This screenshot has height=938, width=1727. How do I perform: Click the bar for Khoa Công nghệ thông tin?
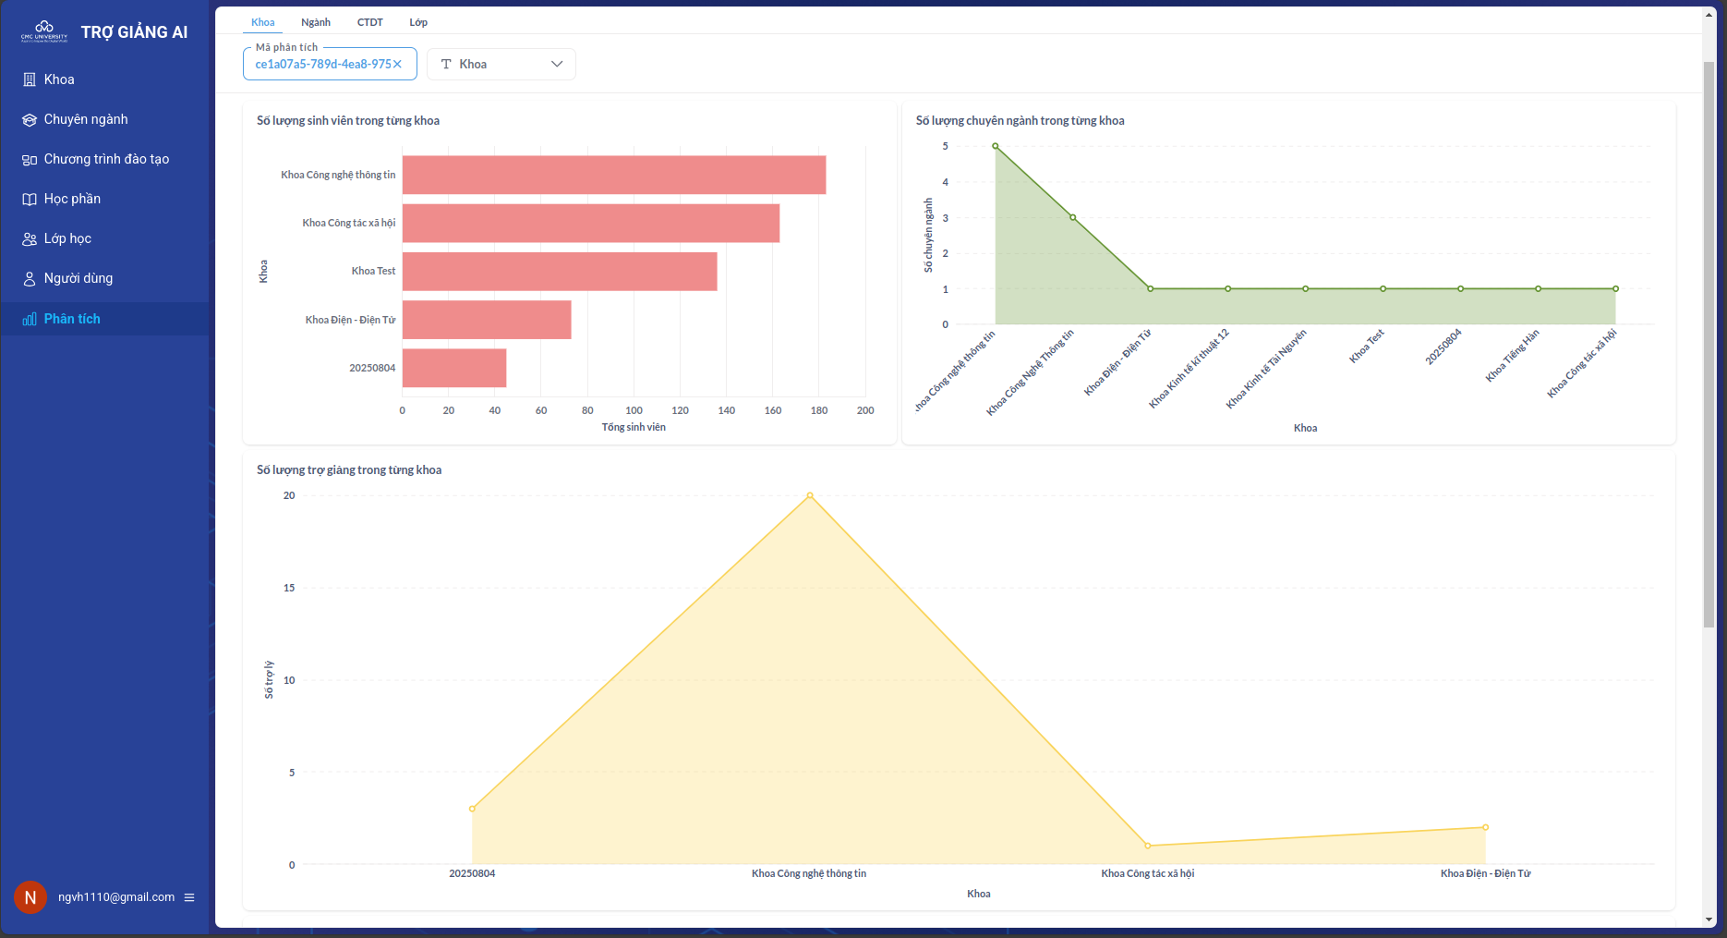pos(614,175)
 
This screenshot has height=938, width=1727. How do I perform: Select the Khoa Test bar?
pos(560,272)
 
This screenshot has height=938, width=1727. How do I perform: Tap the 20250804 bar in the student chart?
pos(454,368)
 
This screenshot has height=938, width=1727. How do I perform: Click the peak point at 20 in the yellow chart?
pos(810,496)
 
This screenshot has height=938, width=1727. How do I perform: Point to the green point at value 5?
pos(996,146)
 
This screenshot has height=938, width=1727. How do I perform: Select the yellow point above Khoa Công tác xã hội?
pos(1148,846)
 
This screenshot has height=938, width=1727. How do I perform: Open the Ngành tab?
pos(316,22)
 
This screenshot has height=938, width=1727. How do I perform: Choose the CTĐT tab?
pos(370,22)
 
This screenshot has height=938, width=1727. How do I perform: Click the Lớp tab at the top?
pos(418,22)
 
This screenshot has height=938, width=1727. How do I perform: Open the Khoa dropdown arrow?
pos(557,64)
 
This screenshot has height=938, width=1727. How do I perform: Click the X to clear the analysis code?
pos(398,64)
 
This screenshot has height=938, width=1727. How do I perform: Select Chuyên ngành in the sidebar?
pos(86,119)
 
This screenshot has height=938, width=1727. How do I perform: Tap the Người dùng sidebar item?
pos(78,278)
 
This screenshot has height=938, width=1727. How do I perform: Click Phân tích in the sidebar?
pos(72,319)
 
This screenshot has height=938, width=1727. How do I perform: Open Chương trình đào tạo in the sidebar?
pos(106,159)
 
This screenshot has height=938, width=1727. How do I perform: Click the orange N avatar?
pos(30,897)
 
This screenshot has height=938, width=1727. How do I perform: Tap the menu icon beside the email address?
pos(189,897)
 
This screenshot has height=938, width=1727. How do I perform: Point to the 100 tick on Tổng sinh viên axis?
pos(634,410)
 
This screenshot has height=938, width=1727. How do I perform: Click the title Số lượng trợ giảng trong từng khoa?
pos(349,470)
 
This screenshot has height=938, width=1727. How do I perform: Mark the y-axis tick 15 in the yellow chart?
pos(289,588)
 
